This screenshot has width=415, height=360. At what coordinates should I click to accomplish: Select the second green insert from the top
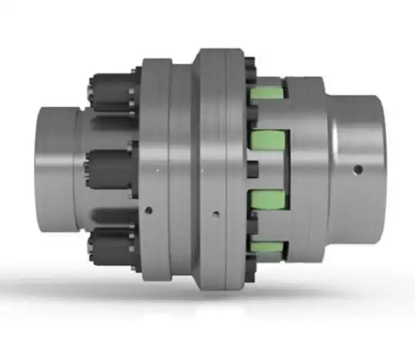(268, 139)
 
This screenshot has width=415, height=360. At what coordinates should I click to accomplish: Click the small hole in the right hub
(358, 170)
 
